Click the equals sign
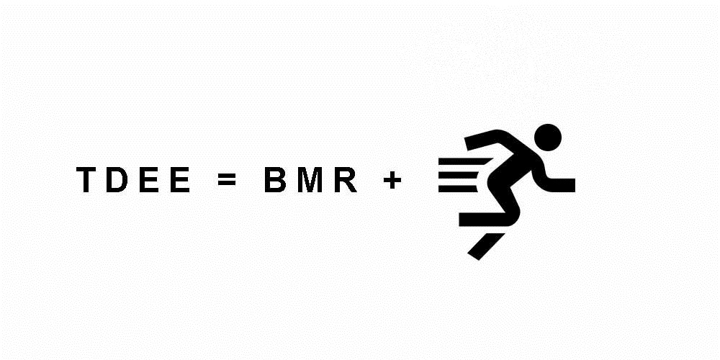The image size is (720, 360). click(226, 180)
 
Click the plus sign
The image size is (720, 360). click(392, 180)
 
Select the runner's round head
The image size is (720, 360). click(548, 135)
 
